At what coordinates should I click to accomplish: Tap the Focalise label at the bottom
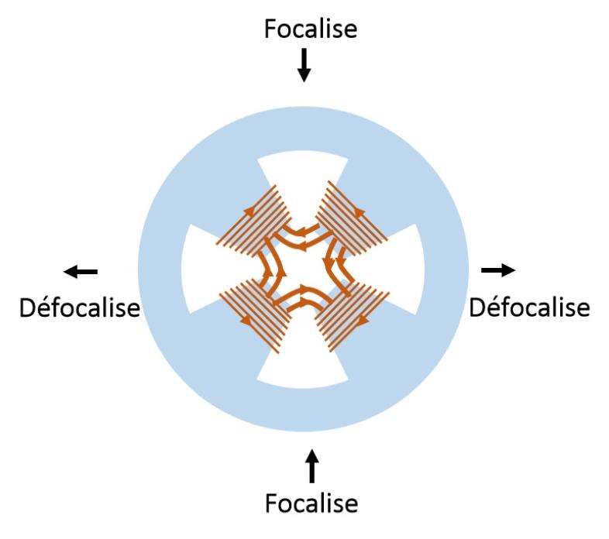tap(311, 503)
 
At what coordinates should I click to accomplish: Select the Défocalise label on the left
tap(79, 307)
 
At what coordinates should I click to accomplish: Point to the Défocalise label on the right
tap(529, 307)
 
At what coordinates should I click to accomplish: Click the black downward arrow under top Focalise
tap(304, 65)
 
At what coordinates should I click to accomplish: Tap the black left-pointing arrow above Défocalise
tap(81, 271)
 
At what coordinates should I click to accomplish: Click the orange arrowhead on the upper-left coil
tap(250, 208)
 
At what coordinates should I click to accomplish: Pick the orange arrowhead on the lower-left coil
tap(246, 318)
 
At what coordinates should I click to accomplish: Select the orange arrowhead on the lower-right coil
tap(362, 318)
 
